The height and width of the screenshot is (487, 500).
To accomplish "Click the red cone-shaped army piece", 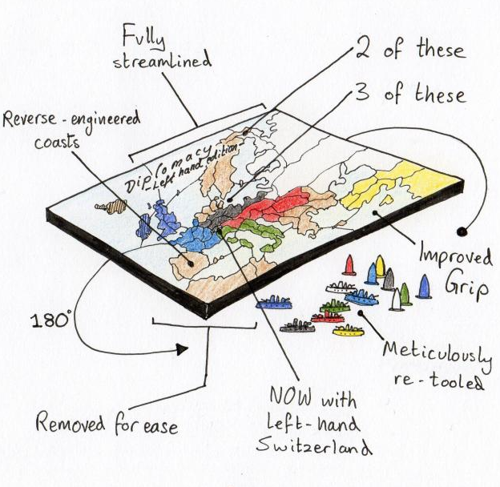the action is [x=349, y=265].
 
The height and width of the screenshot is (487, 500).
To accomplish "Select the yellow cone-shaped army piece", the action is [x=380, y=265].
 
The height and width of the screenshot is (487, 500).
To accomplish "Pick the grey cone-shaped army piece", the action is [x=389, y=279].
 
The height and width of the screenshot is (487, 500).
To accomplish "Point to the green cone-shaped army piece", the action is [x=405, y=294].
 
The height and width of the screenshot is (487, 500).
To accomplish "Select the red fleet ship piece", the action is [x=327, y=316].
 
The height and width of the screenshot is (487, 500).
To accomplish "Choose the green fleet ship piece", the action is [x=336, y=305].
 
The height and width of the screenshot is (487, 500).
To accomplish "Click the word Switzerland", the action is [x=306, y=445].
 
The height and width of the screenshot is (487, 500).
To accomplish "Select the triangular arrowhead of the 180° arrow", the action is [x=183, y=349].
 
